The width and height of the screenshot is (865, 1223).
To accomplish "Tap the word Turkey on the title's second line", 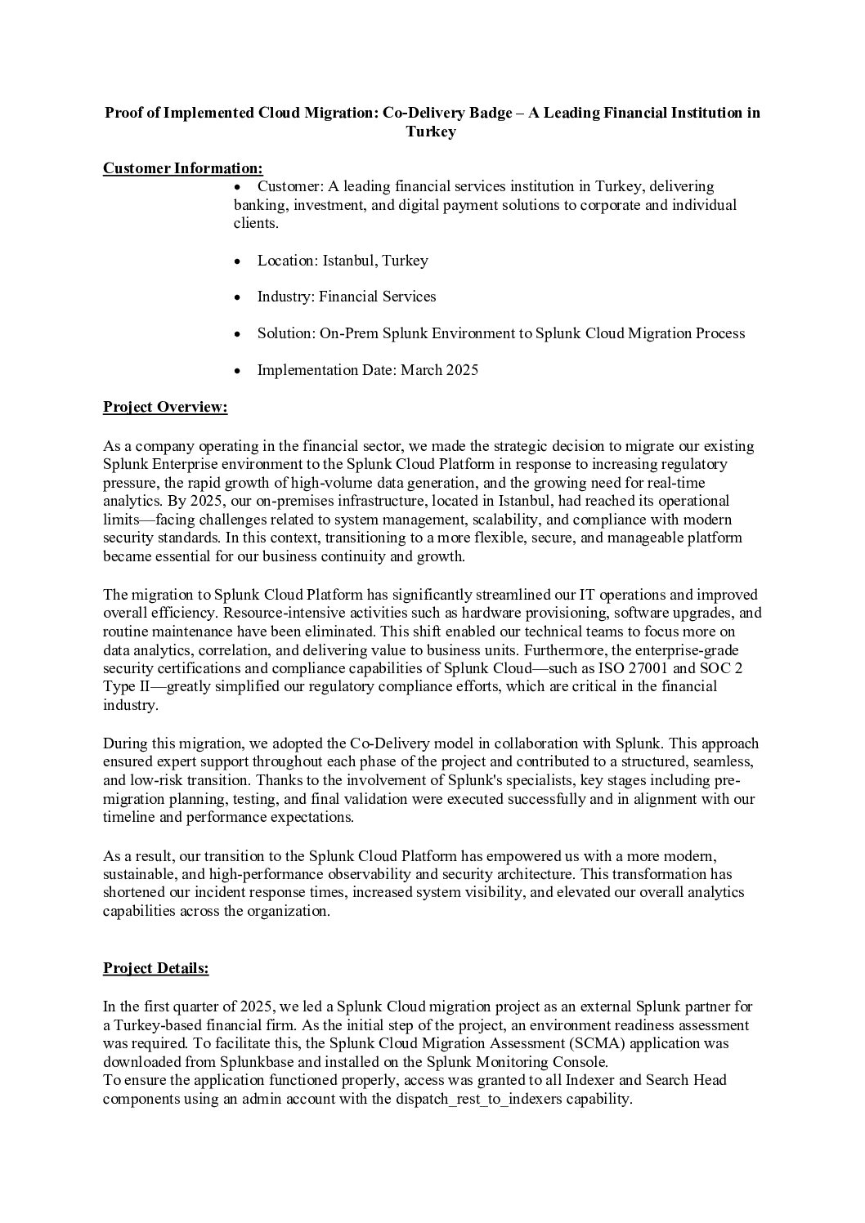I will point(431,132).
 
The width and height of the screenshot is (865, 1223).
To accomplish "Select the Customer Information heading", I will point(182,168).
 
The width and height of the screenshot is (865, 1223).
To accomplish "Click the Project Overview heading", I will point(164,407).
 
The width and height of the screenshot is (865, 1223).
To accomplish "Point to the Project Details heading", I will point(155,968).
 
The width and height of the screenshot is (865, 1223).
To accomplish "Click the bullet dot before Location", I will point(237,261).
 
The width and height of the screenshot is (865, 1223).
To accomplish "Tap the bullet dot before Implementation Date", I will point(237,371).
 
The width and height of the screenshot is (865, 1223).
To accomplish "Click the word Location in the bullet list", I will point(285,261).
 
